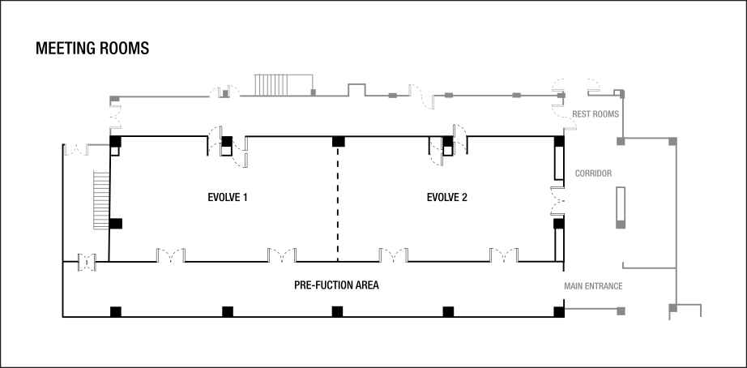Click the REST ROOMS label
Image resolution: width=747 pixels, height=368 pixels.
595,114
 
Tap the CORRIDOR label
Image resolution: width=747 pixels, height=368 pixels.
593,173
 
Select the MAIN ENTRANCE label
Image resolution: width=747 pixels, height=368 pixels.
593,286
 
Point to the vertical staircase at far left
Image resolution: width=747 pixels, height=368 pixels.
101,200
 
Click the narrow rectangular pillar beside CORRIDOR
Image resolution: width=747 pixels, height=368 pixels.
621,207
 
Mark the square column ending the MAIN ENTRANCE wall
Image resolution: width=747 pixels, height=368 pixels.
621,310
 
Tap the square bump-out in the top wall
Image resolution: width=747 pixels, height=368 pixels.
356,88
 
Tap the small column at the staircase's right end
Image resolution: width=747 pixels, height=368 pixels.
313,92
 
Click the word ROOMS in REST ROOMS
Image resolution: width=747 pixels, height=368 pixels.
606,114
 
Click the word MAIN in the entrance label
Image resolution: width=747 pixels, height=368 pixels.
572,286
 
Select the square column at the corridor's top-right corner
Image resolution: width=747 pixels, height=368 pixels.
672,142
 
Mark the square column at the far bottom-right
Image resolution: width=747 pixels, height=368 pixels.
672,308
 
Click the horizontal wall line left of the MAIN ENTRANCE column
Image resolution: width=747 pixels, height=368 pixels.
590,310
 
